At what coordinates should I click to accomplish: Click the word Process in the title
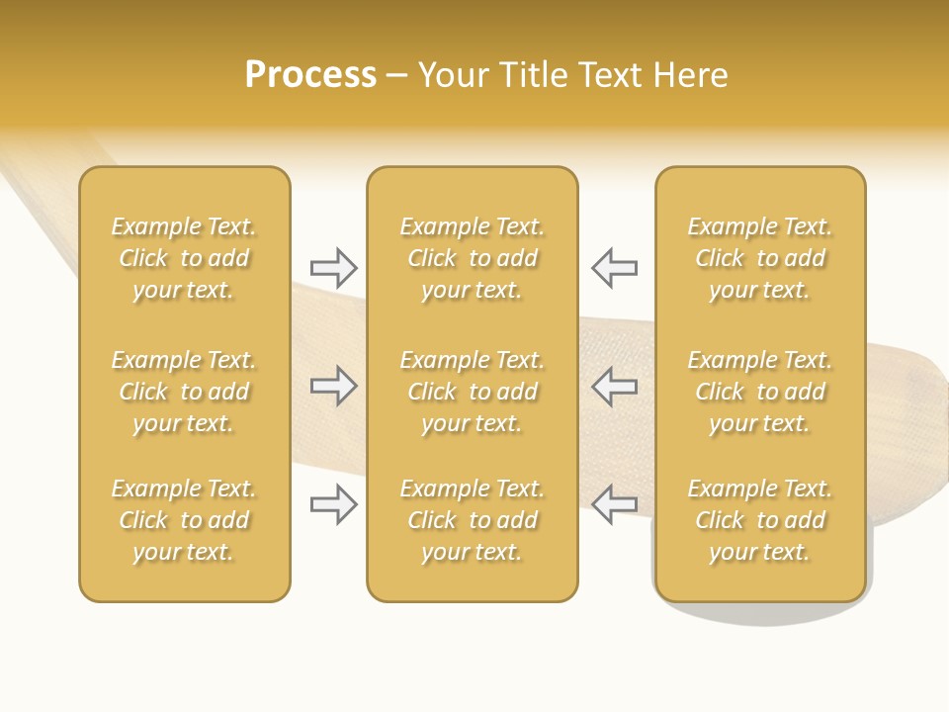pos(310,75)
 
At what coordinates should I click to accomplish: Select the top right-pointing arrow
pos(333,267)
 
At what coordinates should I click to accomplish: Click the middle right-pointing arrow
pos(333,386)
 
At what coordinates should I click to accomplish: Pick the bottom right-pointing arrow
pos(333,504)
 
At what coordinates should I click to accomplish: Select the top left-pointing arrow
pos(614,267)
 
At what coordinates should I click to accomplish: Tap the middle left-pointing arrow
pos(614,386)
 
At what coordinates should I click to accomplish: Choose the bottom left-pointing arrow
pos(614,504)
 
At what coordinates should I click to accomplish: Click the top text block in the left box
pos(184,258)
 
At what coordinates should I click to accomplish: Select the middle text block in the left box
pos(184,392)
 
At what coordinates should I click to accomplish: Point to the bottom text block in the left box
pos(184,520)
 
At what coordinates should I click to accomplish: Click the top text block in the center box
pos(472,258)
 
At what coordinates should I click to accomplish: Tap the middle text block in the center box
pos(472,392)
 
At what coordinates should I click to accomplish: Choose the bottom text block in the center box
pos(472,520)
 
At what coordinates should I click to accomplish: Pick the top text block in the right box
pos(759,258)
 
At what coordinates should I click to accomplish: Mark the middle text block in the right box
pos(759,392)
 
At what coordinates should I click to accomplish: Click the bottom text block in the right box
pos(759,520)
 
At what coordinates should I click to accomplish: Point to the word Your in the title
pos(450,75)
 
